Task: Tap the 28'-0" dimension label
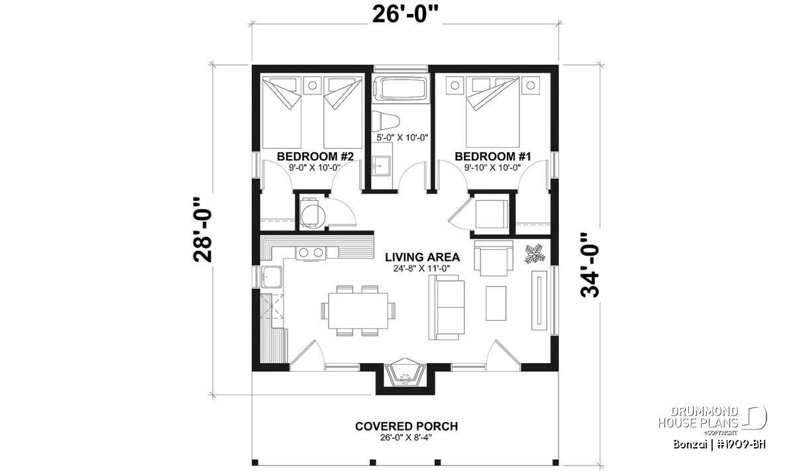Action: pyautogui.click(x=203, y=231)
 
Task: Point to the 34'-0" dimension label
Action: pyautogui.click(x=590, y=265)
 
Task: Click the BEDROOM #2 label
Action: pyautogui.click(x=315, y=156)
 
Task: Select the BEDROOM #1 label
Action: pyautogui.click(x=493, y=156)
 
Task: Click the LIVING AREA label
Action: pyautogui.click(x=423, y=257)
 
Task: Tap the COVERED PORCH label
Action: pyautogui.click(x=406, y=426)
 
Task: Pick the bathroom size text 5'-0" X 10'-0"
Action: pyautogui.click(x=403, y=138)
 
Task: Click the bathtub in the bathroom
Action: pyautogui.click(x=401, y=89)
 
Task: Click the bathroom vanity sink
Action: pyautogui.click(x=381, y=166)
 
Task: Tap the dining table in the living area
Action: pyautogui.click(x=358, y=311)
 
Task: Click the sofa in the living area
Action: pyautogui.click(x=447, y=307)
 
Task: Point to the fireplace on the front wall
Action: pyautogui.click(x=405, y=375)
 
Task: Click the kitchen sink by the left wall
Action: pyautogui.click(x=272, y=277)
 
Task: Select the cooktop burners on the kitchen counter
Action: pyautogui.click(x=311, y=252)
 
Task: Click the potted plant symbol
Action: pyautogui.click(x=534, y=254)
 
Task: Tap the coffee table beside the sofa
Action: pyautogui.click(x=496, y=303)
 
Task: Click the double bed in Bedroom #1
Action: pyautogui.click(x=493, y=112)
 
